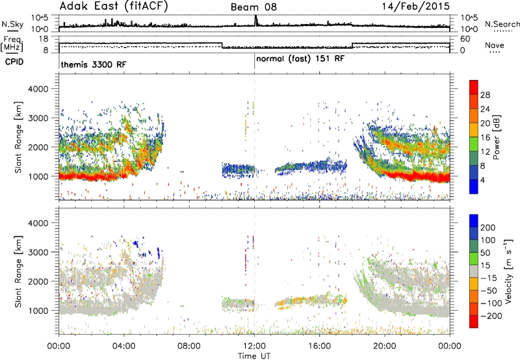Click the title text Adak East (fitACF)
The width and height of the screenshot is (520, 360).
point(114,6)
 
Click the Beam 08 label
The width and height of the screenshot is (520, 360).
point(253,7)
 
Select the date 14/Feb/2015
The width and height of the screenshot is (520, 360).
point(416,6)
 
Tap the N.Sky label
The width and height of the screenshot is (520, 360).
point(12,24)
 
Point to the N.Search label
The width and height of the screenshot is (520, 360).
point(502,24)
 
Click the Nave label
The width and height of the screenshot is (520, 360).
point(495,45)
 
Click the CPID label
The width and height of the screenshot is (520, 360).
point(14,62)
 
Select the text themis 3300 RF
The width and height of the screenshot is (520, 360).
point(94,64)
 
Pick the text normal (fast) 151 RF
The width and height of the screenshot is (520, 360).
point(300,58)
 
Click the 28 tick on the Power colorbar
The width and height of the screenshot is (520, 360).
point(485,95)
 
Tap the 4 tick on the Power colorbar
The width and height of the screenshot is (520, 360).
point(482,180)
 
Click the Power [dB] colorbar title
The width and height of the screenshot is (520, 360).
point(496,137)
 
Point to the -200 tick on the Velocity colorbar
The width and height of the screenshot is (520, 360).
point(491,316)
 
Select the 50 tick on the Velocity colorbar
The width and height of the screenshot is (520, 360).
point(485,253)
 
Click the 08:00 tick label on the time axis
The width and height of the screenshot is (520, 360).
point(189,346)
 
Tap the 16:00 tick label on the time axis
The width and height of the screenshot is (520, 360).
point(319,346)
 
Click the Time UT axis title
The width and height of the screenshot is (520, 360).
point(254,356)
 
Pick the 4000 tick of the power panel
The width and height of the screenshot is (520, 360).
point(38,89)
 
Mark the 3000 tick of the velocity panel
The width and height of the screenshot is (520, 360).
point(38,252)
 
